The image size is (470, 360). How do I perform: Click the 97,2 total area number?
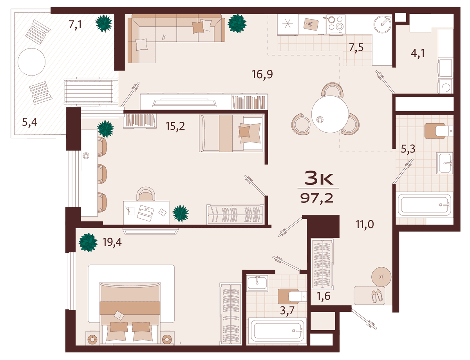point(317,198)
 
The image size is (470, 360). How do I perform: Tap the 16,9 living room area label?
point(262,74)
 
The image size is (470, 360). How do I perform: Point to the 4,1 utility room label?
point(418,53)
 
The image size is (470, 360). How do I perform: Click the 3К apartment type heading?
point(319,178)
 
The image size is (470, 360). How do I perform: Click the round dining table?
point(330,114)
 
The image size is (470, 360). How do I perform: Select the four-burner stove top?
point(336,24)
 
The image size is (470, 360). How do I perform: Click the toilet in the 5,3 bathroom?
point(439,131)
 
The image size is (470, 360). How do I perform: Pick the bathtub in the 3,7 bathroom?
point(277,331)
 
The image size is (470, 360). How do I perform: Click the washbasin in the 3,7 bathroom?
point(257,283)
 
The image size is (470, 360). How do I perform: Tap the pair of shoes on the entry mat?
point(377,295)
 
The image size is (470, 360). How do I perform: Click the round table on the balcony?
point(32,62)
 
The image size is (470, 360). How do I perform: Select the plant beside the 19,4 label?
point(88,243)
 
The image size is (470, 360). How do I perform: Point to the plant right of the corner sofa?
point(237,23)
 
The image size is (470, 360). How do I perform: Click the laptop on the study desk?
point(145,213)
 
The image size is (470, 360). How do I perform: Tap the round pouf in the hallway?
point(381,277)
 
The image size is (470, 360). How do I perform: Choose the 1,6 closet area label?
point(324,296)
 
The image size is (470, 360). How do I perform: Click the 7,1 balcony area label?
point(75,24)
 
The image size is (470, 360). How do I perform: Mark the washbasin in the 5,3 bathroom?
point(445,163)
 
